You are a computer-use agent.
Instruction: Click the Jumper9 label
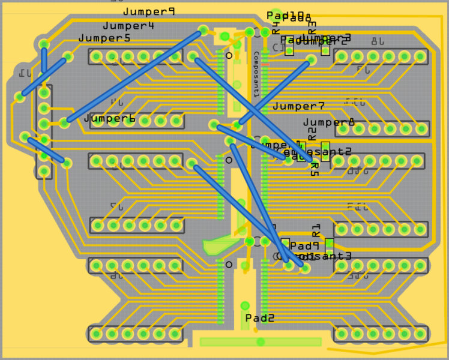(149, 11)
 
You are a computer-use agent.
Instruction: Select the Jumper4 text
(128, 26)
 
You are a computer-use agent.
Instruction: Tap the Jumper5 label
(104, 38)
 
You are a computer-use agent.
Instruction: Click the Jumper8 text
(329, 122)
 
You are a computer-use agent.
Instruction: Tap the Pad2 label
(259, 318)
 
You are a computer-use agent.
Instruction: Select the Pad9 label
(304, 246)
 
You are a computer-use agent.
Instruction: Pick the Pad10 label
(286, 16)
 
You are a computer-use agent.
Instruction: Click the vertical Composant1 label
(256, 74)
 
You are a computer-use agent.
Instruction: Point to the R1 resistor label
(316, 230)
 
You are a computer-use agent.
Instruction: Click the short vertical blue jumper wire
(44, 60)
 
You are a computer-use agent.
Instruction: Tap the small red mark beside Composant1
(265, 64)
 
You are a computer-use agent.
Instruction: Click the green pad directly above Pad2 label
(245, 305)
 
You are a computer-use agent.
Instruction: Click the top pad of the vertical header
(44, 93)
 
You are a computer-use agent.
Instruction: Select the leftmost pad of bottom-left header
(96, 334)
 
